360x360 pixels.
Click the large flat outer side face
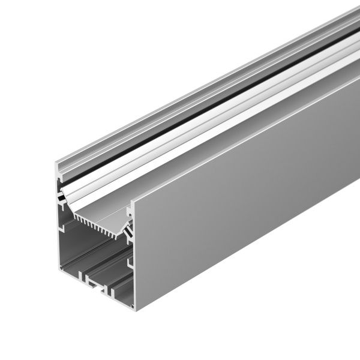(240, 198)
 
